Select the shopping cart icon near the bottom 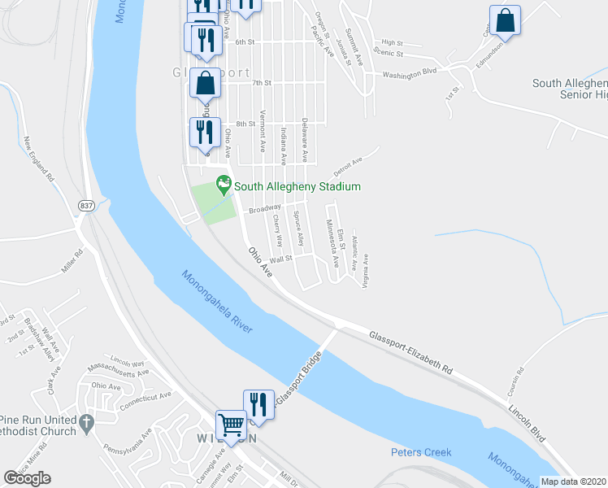click(231, 425)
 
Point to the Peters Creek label click(421, 452)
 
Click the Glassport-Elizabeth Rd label click(410, 351)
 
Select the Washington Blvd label click(411, 72)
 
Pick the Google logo click(27, 478)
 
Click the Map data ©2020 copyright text click(573, 481)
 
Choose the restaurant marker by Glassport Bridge click(258, 403)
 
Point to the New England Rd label click(39, 159)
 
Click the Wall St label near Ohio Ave click(280, 259)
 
